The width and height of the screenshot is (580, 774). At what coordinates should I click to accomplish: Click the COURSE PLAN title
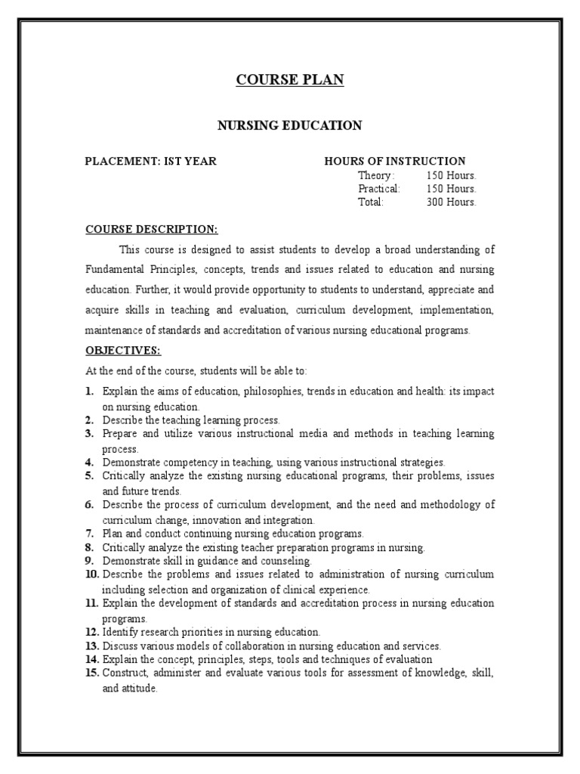coord(290,80)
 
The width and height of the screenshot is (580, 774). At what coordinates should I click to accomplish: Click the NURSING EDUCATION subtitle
coord(290,125)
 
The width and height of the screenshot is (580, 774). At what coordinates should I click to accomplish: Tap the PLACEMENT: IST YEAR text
coord(150,161)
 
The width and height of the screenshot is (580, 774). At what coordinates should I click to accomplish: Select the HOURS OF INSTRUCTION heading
coord(395,161)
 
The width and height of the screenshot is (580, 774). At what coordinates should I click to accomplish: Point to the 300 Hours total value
coord(451,202)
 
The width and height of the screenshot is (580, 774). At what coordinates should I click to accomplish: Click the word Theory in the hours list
coord(375,175)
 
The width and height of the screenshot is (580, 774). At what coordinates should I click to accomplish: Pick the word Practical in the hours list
coord(379,188)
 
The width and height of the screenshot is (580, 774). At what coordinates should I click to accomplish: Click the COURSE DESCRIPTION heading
coord(151,229)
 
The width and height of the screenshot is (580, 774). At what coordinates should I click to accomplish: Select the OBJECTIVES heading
coord(123,351)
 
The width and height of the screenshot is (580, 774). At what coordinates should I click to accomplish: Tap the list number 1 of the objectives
coord(89,392)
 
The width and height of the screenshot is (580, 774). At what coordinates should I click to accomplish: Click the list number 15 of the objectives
coord(92,673)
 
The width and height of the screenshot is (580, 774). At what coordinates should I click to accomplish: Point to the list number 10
coord(92,574)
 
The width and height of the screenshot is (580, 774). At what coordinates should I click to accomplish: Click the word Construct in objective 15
coord(122,673)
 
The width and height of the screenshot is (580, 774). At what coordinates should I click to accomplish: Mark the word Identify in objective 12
coord(119,631)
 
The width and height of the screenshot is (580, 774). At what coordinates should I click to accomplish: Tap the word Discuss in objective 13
coord(119,646)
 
